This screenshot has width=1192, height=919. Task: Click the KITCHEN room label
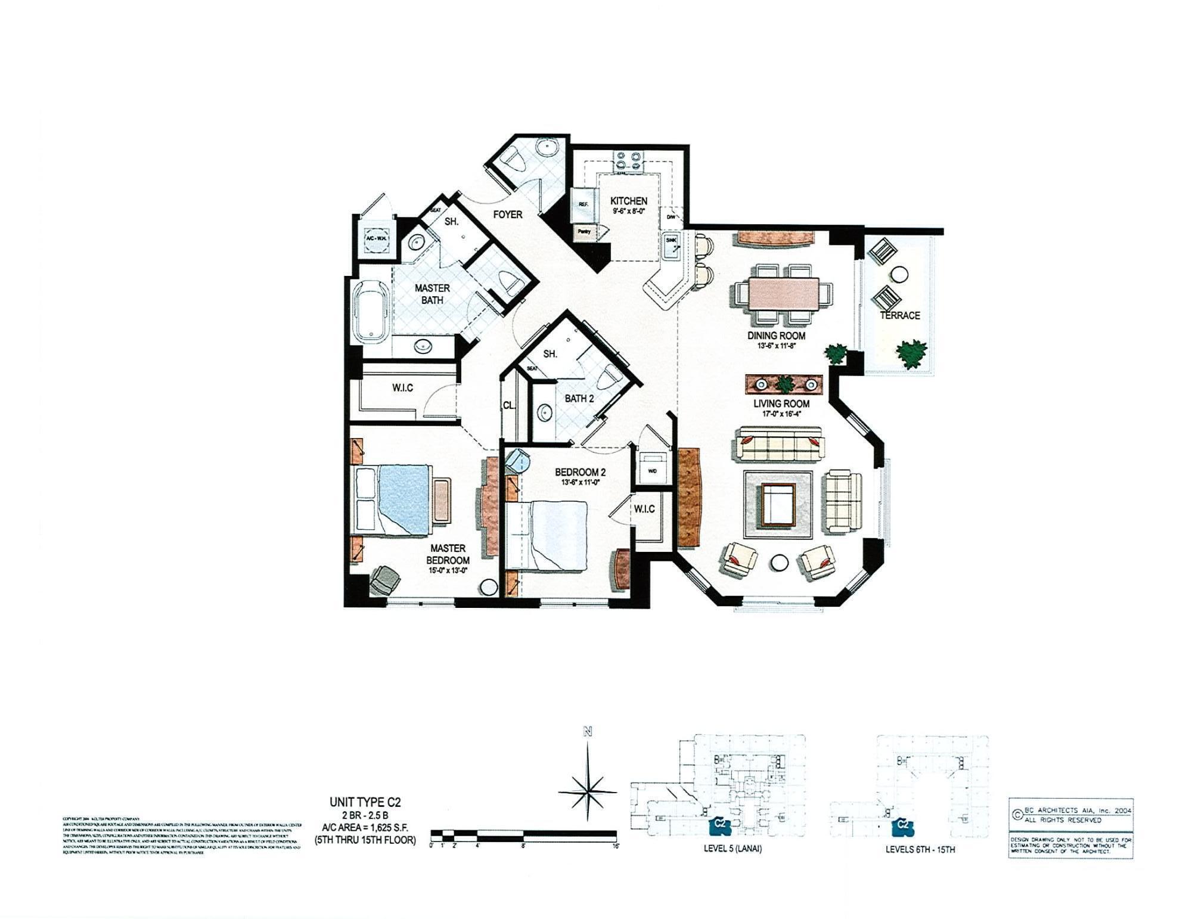tap(629, 201)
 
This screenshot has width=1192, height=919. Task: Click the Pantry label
tap(584, 232)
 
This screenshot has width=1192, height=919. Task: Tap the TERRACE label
tap(899, 315)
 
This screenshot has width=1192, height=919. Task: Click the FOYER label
tap(507, 215)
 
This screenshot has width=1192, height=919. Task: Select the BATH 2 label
tap(579, 398)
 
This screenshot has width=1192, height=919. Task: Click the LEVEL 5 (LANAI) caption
tap(732, 849)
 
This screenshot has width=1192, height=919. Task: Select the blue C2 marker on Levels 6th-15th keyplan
tap(903, 825)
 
